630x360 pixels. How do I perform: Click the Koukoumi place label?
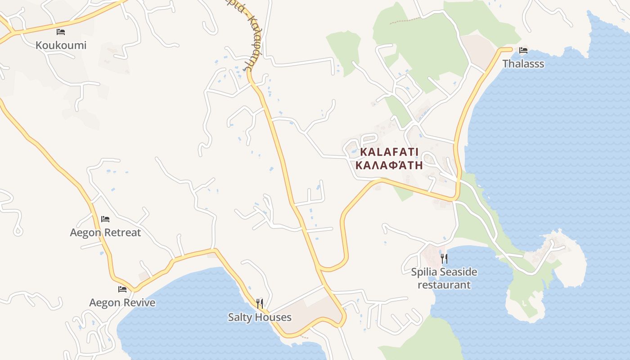pos(61,45)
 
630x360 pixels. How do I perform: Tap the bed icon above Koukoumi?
pos(61,32)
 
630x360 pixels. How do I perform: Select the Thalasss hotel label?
pos(523,64)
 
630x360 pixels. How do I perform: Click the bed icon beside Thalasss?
pos(523,50)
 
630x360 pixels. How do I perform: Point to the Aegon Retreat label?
pos(105,233)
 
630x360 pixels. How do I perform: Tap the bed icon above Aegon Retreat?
pos(105,219)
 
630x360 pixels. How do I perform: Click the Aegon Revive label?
pos(122,302)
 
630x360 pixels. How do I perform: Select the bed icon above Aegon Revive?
pos(122,289)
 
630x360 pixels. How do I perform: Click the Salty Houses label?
pos(260,317)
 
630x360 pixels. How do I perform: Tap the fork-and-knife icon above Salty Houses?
pos(260,304)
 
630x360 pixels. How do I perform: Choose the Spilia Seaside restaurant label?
pos(444,278)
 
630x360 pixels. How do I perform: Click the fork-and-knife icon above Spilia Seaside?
pos(444,258)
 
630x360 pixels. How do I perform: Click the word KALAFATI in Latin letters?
pos(389,152)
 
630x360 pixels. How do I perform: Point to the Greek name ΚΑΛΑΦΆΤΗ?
pos(389,165)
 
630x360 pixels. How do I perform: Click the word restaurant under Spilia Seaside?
pos(444,285)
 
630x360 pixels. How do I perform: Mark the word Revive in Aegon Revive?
pos(139,302)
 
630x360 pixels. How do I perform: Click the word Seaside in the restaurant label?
pos(459,272)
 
